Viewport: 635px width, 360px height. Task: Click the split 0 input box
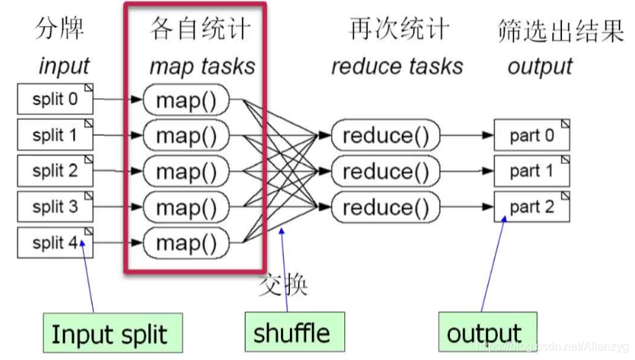point(55,99)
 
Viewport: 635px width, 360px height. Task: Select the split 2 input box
point(55,171)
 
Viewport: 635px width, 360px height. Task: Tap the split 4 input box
point(55,243)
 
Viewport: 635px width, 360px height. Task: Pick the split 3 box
point(55,207)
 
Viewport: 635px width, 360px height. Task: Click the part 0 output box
point(531,136)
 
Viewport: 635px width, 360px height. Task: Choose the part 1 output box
point(531,171)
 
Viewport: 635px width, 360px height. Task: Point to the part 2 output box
point(531,207)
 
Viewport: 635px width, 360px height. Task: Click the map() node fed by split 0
point(187,100)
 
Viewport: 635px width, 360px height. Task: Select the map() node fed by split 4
point(187,243)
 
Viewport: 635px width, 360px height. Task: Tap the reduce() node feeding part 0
point(385,136)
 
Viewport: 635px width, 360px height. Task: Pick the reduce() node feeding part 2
point(385,207)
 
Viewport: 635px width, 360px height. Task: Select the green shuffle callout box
point(291,333)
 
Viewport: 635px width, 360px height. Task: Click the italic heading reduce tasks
point(397,66)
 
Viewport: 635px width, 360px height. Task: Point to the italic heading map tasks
point(202,66)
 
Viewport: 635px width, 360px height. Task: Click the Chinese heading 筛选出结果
point(561,31)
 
